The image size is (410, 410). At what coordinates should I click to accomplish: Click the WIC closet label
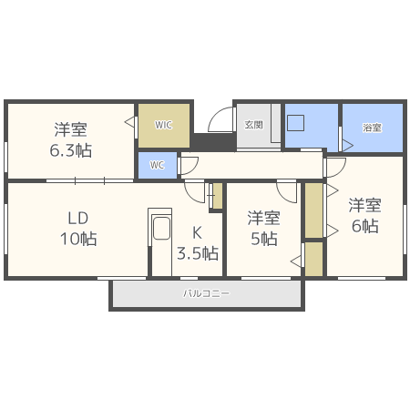click(x=163, y=125)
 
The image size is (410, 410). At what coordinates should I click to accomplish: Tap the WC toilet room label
click(x=158, y=165)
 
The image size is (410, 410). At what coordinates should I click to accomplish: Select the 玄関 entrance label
click(x=252, y=125)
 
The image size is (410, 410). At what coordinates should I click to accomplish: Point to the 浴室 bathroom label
click(x=372, y=128)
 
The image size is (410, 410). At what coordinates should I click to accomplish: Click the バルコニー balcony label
click(x=207, y=293)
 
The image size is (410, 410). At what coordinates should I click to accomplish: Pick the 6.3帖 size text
click(x=70, y=150)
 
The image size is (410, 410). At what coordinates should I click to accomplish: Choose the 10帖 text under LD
click(x=77, y=239)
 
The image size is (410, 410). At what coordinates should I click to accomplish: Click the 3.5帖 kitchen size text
click(x=197, y=252)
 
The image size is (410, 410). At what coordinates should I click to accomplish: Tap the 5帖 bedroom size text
click(x=264, y=239)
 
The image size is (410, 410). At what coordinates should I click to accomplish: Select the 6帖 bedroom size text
click(x=364, y=226)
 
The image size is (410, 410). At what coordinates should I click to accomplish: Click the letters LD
click(x=77, y=219)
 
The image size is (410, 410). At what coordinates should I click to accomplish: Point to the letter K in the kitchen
click(x=196, y=231)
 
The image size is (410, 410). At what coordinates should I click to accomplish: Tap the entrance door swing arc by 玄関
click(x=220, y=122)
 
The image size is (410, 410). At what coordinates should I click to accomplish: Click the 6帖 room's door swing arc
click(x=335, y=167)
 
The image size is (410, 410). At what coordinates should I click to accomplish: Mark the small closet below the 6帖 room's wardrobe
click(x=313, y=258)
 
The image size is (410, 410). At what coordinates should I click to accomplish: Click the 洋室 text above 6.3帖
click(x=70, y=128)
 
